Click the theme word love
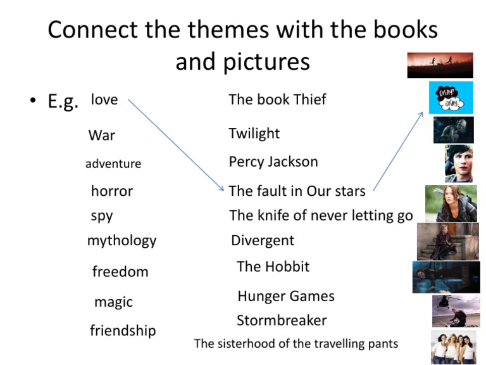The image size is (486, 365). tap(104, 99)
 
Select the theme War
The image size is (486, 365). tap(102, 135)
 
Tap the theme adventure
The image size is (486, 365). tap(113, 164)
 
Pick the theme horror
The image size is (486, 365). tap(112, 191)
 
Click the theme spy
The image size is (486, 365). tap(102, 215)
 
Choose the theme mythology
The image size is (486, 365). tap(121, 241)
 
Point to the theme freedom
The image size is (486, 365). tap(120, 272)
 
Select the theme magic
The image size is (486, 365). tap(113, 302)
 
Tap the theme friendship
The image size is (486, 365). tap(123, 331)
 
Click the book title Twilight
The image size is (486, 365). tap(254, 134)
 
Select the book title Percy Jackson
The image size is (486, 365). tap(273, 162)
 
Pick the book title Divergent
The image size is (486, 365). tap(263, 241)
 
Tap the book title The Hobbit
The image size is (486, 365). tap(273, 267)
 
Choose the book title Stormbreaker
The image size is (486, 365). tap(282, 320)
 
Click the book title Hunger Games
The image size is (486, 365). tap(286, 296)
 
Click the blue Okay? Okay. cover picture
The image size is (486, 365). tap(451, 98)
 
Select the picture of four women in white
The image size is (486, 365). tap(454, 347)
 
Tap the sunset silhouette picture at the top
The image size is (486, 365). tap(440, 65)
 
